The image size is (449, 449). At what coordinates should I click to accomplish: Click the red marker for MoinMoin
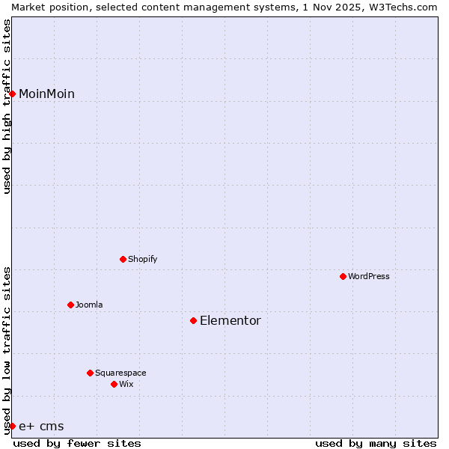[13, 94]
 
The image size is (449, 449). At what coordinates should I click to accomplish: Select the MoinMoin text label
[46, 94]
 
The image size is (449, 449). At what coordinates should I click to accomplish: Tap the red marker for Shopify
[123, 259]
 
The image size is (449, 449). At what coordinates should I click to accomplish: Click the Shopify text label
[142, 259]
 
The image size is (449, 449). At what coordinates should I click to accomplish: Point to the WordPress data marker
[343, 276]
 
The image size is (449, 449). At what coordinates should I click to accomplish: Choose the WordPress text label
[369, 276]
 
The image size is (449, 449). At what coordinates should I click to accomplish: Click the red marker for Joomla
[70, 305]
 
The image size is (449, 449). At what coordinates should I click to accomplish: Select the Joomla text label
[89, 305]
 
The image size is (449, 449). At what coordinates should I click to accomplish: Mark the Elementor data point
[193, 320]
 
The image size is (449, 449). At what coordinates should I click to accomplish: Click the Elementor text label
[230, 320]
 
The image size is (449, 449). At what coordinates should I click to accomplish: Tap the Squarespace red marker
[90, 373]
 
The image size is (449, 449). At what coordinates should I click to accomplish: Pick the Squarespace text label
[120, 373]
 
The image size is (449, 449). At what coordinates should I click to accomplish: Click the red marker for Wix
[114, 384]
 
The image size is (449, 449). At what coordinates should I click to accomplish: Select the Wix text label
[126, 384]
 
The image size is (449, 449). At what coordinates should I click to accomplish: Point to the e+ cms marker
[13, 426]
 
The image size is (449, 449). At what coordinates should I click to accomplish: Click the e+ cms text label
[41, 427]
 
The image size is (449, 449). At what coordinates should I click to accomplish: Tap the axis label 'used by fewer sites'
[77, 443]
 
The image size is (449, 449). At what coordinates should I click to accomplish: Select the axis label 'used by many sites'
[376, 443]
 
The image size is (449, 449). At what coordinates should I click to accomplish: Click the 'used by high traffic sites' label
[7, 106]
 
